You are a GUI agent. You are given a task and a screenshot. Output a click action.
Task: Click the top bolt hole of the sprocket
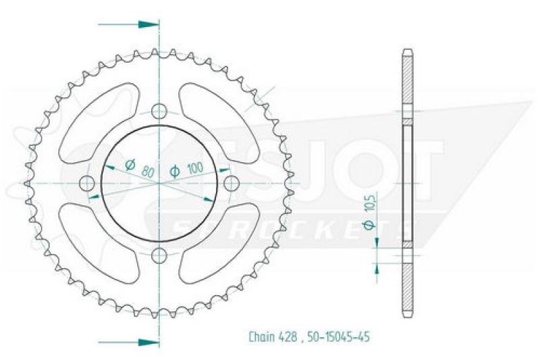tap(159, 111)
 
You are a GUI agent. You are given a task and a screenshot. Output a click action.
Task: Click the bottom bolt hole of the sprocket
tap(159, 255)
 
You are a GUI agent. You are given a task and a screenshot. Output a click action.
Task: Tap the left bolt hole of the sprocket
tap(87, 183)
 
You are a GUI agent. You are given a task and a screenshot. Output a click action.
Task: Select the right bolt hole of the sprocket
tap(232, 183)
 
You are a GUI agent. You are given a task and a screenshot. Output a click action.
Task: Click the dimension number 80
tap(148, 171)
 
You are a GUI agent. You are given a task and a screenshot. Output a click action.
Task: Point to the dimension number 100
tap(195, 168)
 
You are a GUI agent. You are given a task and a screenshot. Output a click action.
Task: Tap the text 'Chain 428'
tap(273, 336)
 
